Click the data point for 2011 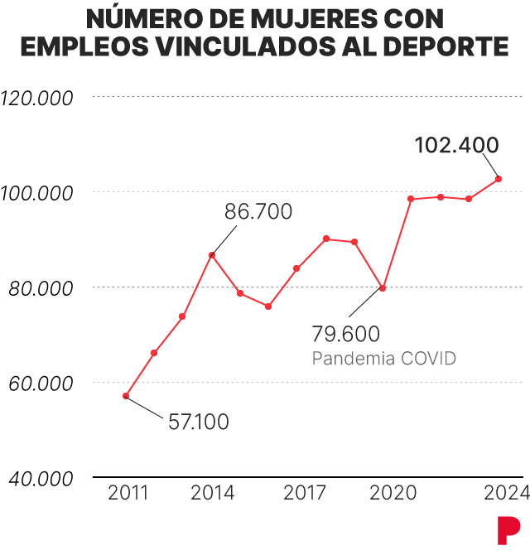[x=126, y=396]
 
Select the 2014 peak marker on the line [x=212, y=255]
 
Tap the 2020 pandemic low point [x=383, y=288]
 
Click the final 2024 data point [x=499, y=179]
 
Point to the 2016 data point [x=268, y=307]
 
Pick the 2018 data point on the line [x=326, y=239]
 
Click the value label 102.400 [x=457, y=145]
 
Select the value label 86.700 [x=258, y=211]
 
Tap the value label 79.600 [x=345, y=334]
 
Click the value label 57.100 [x=199, y=422]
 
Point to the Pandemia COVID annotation [x=384, y=358]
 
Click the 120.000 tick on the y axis [x=36, y=99]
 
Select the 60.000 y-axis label [x=41, y=384]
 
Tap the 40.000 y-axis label [x=41, y=479]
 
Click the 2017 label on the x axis [x=305, y=493]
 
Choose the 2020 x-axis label [x=393, y=493]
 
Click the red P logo [x=508, y=531]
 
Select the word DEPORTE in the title [x=446, y=46]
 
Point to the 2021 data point [x=411, y=199]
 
